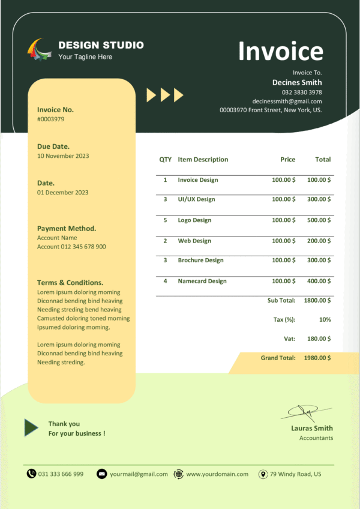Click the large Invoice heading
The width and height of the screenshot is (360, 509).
click(x=280, y=52)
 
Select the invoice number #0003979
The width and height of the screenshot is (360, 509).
click(x=50, y=119)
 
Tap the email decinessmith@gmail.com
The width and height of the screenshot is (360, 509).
click(x=287, y=101)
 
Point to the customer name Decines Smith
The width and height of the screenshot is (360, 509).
click(x=297, y=82)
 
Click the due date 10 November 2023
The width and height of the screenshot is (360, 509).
click(x=63, y=156)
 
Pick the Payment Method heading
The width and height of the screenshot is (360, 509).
click(x=67, y=229)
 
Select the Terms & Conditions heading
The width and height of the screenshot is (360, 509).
click(x=70, y=283)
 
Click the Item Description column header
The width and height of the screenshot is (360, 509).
click(x=203, y=160)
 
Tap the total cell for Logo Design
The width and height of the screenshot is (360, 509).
click(x=319, y=220)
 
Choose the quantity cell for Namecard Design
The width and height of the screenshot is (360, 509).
click(x=165, y=281)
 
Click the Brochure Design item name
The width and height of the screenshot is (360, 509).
click(x=200, y=261)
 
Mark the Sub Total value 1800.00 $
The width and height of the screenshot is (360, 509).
click(x=317, y=300)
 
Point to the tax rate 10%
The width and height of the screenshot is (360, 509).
click(x=325, y=319)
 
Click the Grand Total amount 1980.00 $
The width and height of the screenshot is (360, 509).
click(x=317, y=358)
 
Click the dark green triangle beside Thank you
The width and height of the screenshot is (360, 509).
click(x=31, y=427)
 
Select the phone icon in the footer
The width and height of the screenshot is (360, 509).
click(x=31, y=474)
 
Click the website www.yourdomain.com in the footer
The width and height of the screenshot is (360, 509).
click(x=217, y=474)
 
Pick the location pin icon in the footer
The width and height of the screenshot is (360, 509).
click(x=263, y=474)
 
